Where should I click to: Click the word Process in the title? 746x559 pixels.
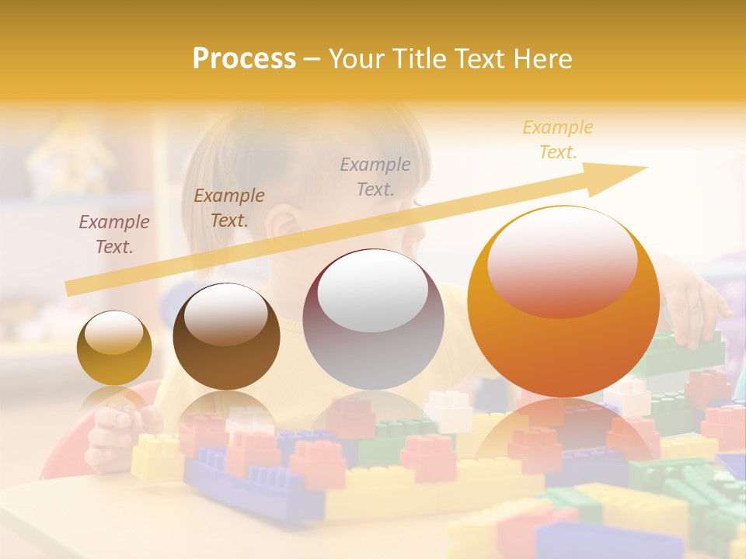(244, 59)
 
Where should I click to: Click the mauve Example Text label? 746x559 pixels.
(114, 234)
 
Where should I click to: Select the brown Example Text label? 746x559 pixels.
(229, 208)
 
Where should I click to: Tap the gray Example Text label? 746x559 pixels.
(375, 176)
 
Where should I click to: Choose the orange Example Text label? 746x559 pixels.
(558, 140)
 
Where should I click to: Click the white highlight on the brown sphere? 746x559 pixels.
(225, 314)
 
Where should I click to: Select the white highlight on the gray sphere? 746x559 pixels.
(373, 290)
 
